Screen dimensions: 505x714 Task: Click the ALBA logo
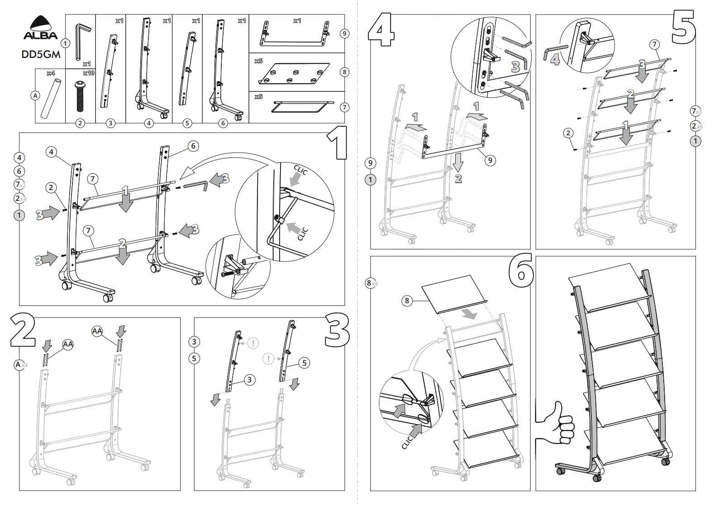tap(40, 29)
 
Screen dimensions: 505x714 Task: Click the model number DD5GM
tap(41, 54)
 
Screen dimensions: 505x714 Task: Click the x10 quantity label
tap(88, 73)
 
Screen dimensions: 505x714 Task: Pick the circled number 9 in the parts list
tap(345, 33)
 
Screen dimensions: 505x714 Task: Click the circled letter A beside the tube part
tap(35, 95)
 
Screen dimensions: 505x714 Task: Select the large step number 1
tap(336, 143)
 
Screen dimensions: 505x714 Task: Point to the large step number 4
tap(381, 29)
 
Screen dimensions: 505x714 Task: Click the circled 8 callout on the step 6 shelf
tap(407, 300)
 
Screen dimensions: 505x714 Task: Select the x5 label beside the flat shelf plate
tap(258, 61)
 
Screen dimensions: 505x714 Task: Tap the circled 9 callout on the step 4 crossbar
tap(490, 160)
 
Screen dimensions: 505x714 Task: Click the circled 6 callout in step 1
tap(193, 146)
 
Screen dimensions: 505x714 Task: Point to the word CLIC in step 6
tap(408, 441)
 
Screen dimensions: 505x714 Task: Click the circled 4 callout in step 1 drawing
tap(52, 152)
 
